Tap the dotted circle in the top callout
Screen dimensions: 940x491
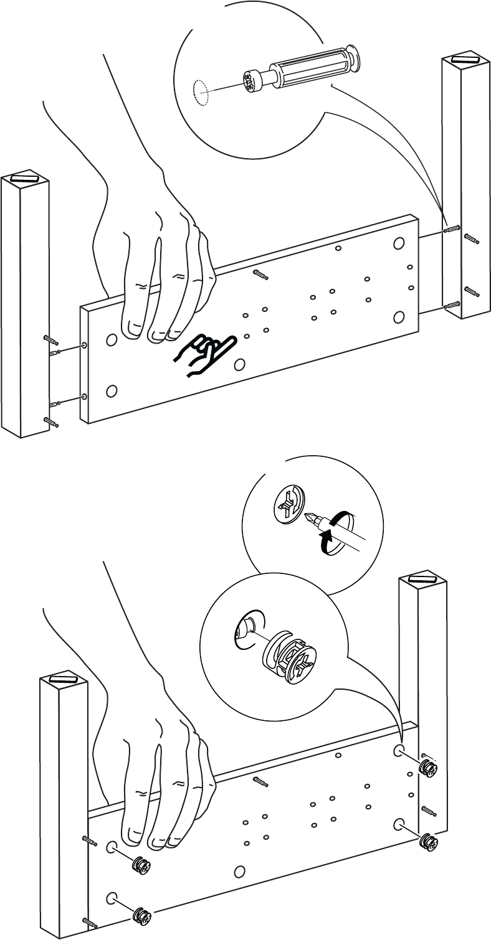(x=199, y=92)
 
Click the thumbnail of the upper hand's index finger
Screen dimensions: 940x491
(x=132, y=325)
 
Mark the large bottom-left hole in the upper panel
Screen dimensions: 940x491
(x=112, y=391)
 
